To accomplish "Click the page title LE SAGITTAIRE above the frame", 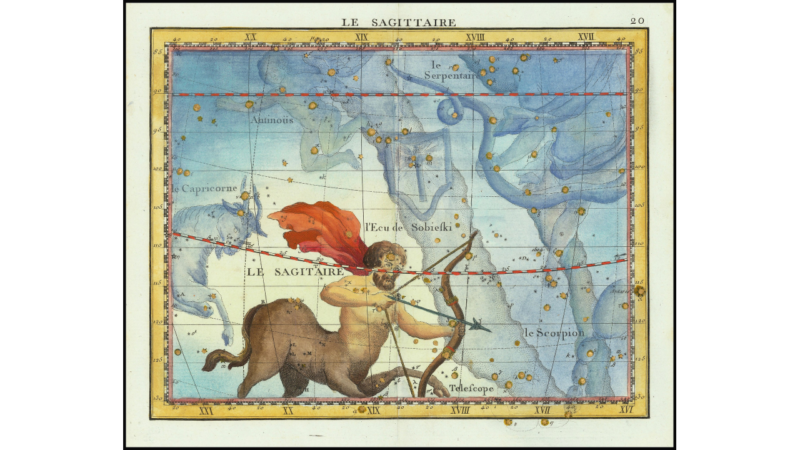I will click(x=398, y=22).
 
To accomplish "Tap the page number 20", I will click(x=637, y=21).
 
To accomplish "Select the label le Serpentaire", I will click(x=451, y=70).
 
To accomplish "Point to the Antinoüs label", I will click(x=271, y=120).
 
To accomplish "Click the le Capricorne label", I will click(x=204, y=188).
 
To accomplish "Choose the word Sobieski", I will click(x=431, y=227).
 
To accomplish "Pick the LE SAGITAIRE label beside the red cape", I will click(x=295, y=271).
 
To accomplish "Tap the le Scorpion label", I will click(x=554, y=333).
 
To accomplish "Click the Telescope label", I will click(x=471, y=388).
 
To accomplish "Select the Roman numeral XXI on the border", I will click(x=205, y=411).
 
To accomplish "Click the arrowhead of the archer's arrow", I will click(x=481, y=325).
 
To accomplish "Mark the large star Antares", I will click(x=639, y=291).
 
